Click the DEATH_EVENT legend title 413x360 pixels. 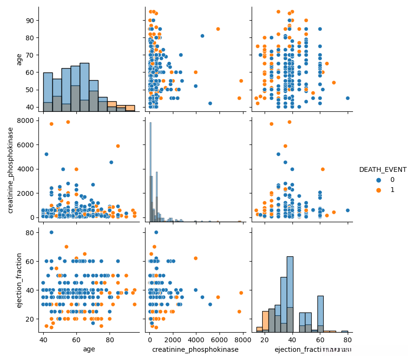383,169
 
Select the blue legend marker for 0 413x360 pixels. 366,180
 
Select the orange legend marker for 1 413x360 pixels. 366,190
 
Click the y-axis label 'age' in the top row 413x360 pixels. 19,59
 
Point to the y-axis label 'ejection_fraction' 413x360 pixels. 19,280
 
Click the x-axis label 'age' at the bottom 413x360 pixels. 89,349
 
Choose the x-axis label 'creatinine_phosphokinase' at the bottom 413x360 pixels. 195,349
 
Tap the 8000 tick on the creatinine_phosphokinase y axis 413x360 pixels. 26,120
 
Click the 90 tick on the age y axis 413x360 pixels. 30,20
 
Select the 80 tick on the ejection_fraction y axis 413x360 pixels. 30,232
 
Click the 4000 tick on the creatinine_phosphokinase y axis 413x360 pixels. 26,169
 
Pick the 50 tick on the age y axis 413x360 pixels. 30,90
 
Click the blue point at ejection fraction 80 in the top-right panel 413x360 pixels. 348,98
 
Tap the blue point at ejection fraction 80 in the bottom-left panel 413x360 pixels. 51,232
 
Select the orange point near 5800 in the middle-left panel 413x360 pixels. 118,146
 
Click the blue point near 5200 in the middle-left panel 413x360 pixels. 47,154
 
